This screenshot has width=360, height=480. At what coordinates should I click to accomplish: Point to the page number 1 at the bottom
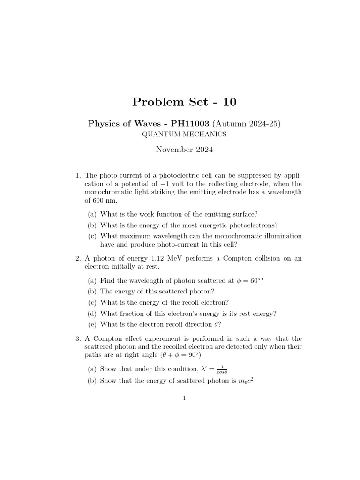click(x=184, y=398)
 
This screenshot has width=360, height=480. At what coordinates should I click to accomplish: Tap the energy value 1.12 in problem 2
click(x=149, y=258)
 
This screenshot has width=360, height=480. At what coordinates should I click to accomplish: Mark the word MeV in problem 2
click(x=166, y=258)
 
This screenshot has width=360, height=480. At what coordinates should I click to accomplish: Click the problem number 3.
click(x=78, y=338)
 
